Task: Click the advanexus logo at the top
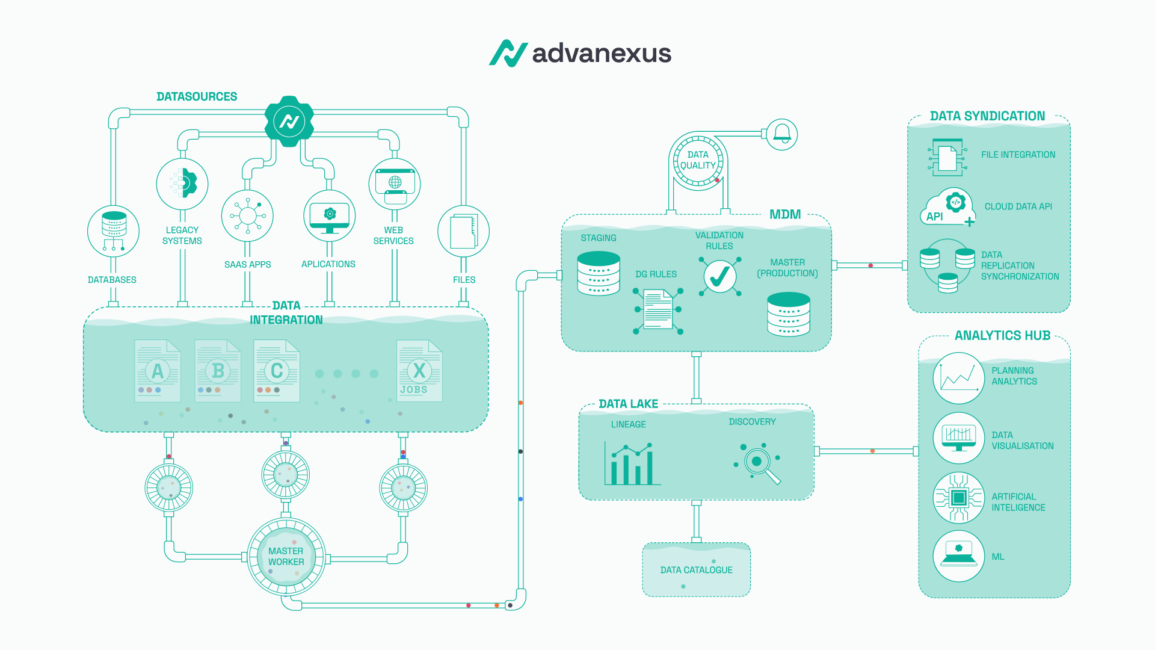[x=580, y=53]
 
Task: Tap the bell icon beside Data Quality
[x=781, y=134]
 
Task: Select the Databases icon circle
[x=113, y=231]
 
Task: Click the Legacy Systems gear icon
[x=182, y=184]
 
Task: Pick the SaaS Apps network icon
[x=247, y=216]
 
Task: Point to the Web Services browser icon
[x=394, y=184]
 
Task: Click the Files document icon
[x=463, y=231]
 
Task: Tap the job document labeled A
[x=158, y=371]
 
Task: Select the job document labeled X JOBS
[x=419, y=371]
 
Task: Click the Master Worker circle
[x=286, y=557]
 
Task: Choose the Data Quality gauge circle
[x=698, y=160]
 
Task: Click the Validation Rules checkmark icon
[x=719, y=277]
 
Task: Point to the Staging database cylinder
[x=599, y=274]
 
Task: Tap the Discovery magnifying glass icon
[x=758, y=463]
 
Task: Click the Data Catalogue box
[x=696, y=570]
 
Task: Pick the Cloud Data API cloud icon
[x=947, y=208]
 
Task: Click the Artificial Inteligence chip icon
[x=959, y=498]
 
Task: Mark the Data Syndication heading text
[x=987, y=116]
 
